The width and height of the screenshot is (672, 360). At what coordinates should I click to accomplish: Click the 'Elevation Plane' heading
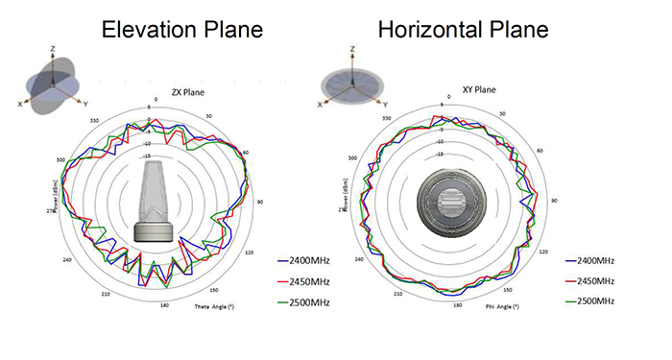[x=182, y=31]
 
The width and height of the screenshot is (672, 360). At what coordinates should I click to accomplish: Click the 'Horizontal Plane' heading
[x=463, y=31]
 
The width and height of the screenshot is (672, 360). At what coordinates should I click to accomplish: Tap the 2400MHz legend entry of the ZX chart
[x=302, y=260]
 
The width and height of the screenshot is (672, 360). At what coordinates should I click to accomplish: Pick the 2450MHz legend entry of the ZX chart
[x=302, y=281]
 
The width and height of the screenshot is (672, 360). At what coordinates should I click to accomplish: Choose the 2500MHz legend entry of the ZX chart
[x=302, y=302]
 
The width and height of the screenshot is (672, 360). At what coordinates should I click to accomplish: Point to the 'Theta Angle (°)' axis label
[x=215, y=306]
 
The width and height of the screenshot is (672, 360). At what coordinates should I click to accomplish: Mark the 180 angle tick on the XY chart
[x=457, y=305]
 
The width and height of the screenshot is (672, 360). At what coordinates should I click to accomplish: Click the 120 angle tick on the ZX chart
[x=250, y=252]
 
